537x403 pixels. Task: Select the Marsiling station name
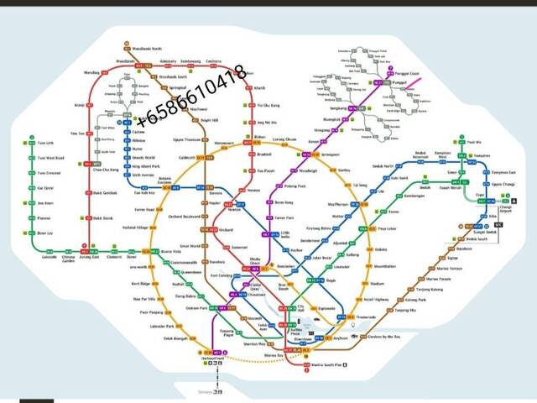[x=91, y=72]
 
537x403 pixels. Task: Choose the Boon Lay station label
[x=44, y=233]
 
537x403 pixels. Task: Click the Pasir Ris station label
[x=475, y=144]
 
